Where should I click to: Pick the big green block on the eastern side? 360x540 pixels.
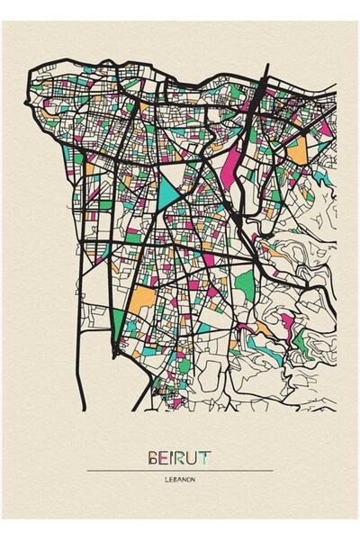[245, 286]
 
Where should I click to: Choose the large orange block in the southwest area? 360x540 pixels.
[140, 301]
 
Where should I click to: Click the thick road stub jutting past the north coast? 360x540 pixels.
[266, 72]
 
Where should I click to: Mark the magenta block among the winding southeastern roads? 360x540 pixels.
[287, 323]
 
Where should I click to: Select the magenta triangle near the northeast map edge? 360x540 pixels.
[323, 126]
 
